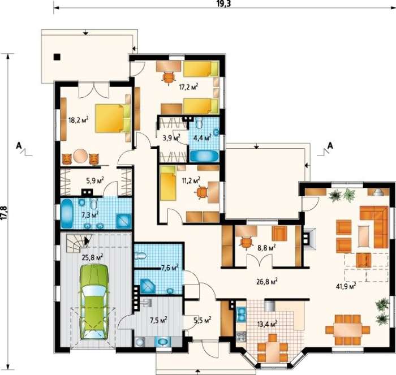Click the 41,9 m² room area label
click(x=346, y=286)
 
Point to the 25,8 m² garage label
click(x=92, y=257)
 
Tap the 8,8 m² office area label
click(x=266, y=248)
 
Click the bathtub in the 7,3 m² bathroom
click(x=67, y=213)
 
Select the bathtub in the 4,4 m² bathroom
click(x=204, y=156)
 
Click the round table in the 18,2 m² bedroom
click(x=81, y=157)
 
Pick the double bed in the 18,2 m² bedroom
click(x=113, y=118)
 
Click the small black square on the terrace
click(x=57, y=57)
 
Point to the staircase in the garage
click(x=78, y=243)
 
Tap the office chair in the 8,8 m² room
click(x=246, y=243)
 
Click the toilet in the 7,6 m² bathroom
click(x=140, y=255)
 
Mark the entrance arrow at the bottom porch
click(x=198, y=370)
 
